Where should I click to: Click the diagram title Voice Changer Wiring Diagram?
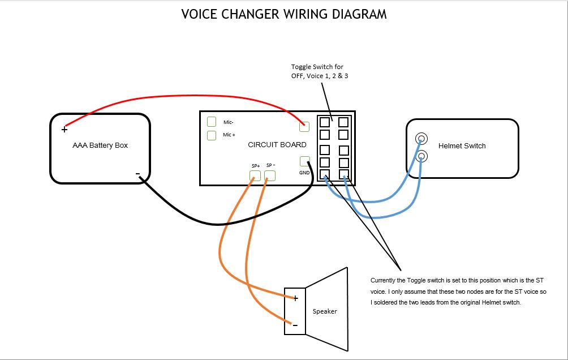pos(283,14)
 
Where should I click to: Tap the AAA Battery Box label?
pos(100,145)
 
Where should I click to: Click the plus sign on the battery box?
pos(64,130)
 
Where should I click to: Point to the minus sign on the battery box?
pos(137,174)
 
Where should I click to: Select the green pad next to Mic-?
pos(212,122)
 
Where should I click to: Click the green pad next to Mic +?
pos(212,135)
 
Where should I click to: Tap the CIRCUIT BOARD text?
pos(277,145)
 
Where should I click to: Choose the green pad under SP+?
pos(255,176)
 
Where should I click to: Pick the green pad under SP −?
pos(270,176)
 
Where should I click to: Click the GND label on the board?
pos(304,173)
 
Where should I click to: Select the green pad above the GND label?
pos(304,161)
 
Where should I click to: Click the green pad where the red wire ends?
pos(304,127)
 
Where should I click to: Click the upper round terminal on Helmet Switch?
pos(421,139)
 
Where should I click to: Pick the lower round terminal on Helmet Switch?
pos(421,156)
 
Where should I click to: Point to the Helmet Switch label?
pos(462,145)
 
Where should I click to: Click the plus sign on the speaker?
pos(295,298)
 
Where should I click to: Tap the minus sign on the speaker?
pos(295,325)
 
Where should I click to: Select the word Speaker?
pos(325,311)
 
